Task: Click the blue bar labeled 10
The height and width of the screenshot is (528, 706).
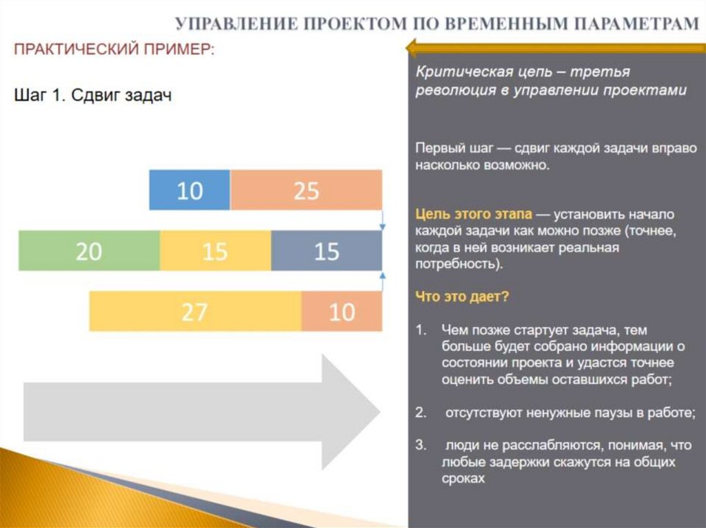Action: tap(190, 189)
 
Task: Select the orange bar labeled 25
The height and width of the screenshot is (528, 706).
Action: tap(306, 189)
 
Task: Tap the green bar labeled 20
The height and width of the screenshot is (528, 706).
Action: tap(89, 251)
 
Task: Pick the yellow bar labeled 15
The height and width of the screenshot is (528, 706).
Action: tap(215, 251)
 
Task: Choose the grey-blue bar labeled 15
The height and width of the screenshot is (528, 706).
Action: tap(326, 251)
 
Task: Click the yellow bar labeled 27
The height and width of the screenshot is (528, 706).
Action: tap(195, 312)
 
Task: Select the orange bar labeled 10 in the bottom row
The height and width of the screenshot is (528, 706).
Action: tap(341, 312)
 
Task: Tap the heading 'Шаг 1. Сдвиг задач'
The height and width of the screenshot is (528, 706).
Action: tap(93, 96)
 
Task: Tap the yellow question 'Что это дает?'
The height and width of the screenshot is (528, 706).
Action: tap(462, 297)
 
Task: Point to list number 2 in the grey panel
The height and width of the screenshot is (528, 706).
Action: tap(421, 413)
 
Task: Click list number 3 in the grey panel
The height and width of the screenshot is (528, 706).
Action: tap(421, 446)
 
